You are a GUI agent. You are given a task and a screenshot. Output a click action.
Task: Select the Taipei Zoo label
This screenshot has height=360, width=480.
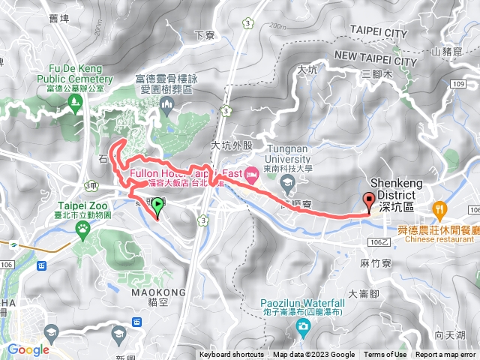84,209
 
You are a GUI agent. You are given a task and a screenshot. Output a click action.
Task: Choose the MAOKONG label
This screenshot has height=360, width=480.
158,271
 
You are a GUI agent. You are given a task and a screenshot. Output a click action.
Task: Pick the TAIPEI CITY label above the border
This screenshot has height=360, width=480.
378,34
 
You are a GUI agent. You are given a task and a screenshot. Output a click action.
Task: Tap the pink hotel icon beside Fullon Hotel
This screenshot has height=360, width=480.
252,174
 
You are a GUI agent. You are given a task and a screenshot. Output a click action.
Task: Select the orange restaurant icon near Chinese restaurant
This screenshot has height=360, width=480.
440,208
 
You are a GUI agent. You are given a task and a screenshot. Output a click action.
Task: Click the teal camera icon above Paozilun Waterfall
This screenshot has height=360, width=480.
301,325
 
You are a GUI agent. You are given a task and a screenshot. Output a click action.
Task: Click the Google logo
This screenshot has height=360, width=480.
28,349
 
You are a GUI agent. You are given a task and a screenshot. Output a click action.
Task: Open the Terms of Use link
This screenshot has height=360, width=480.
385,355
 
